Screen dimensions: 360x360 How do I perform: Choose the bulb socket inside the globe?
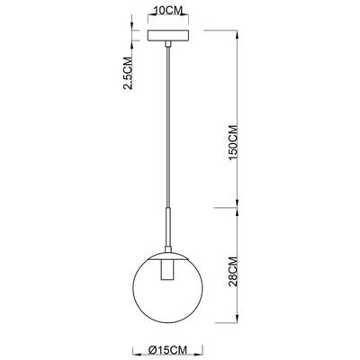point(167,271)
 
